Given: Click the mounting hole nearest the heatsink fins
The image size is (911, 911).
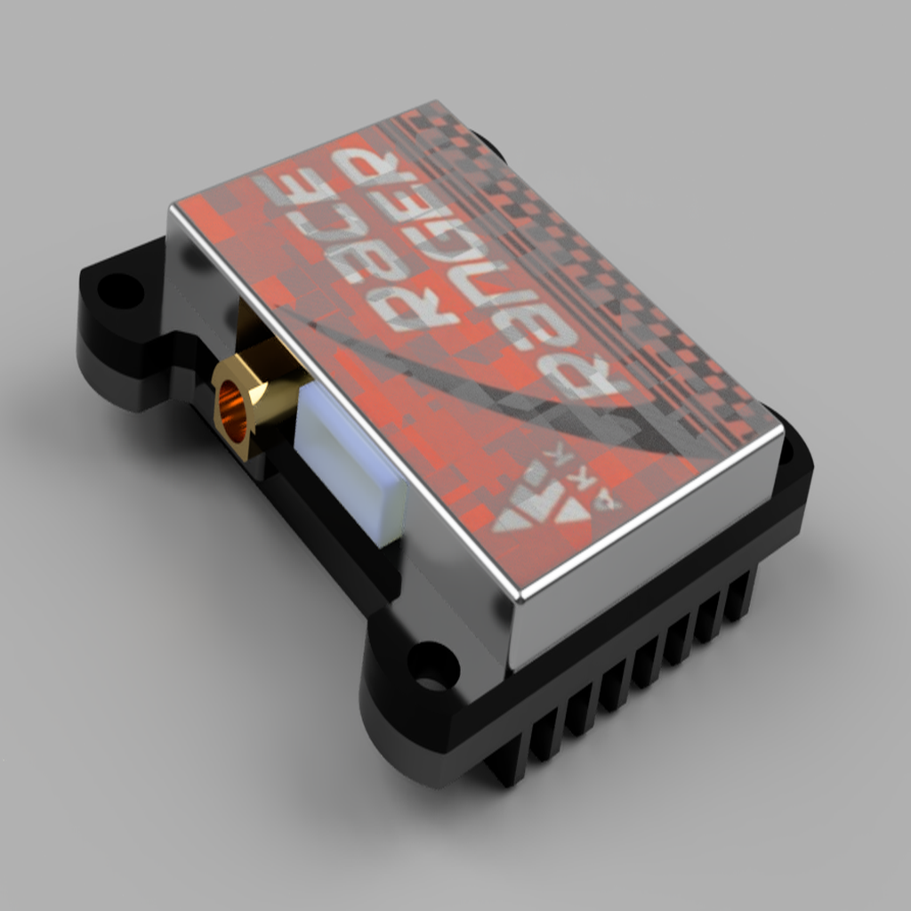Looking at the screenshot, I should pyautogui.click(x=431, y=665).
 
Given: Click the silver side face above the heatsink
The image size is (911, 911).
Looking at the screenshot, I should pyautogui.click(x=641, y=569).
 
